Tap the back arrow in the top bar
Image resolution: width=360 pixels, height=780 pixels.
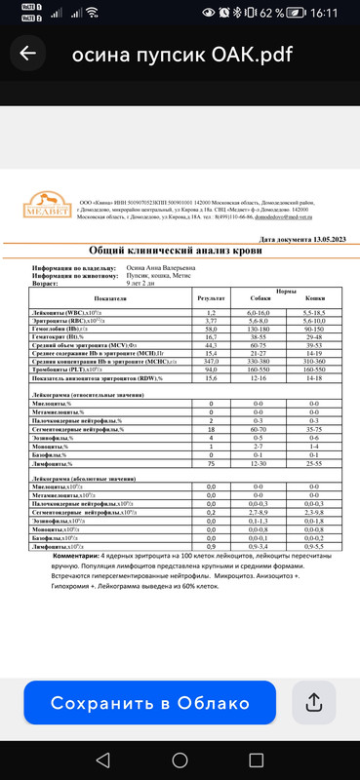coord(27,54)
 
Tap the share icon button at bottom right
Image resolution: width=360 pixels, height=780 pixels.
coord(314,702)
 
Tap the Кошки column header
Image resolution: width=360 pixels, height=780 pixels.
coord(314,298)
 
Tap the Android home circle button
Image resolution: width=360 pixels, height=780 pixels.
coord(180,758)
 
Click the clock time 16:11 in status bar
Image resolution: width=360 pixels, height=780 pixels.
coord(327,13)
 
